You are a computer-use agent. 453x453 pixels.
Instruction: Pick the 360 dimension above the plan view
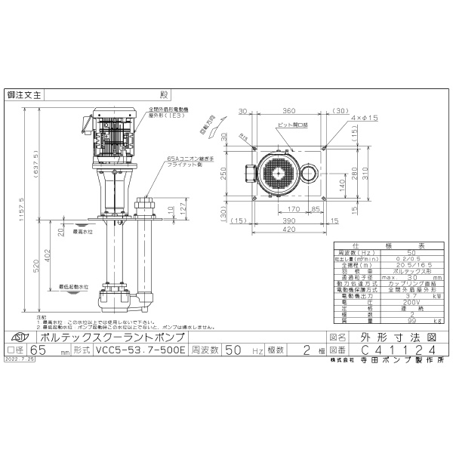(x=291, y=110)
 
